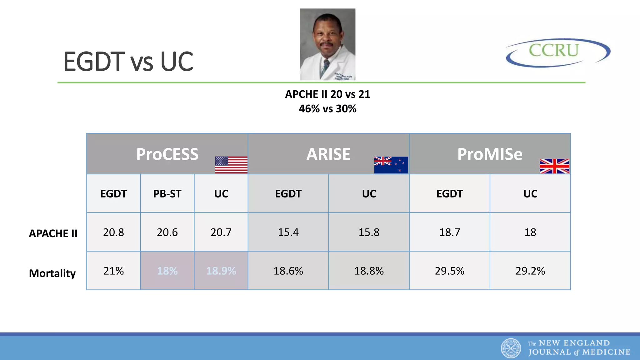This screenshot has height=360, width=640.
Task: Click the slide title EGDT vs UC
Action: click(128, 62)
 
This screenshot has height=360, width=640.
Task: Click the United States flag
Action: click(231, 165)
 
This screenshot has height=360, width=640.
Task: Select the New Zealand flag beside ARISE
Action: click(391, 165)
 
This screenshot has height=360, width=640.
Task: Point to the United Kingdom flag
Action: click(554, 166)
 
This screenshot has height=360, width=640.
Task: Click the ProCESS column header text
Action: click(167, 154)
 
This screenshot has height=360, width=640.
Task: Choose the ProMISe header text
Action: click(490, 154)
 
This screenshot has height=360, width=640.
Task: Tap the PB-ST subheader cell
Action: click(167, 194)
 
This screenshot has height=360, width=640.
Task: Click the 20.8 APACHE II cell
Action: click(113, 232)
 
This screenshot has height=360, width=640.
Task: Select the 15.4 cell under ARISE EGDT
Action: click(288, 232)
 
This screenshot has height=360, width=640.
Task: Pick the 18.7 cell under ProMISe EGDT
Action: click(449, 232)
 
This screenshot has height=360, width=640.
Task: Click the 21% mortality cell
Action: click(113, 271)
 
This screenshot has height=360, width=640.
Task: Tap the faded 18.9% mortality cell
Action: click(221, 271)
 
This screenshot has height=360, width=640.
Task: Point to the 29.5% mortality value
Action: click(449, 271)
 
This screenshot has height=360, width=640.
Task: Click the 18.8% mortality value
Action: click(369, 271)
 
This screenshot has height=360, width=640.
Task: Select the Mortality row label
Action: click(52, 273)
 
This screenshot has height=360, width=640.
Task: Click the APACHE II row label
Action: click(53, 233)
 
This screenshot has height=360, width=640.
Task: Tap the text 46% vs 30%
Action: click(327, 109)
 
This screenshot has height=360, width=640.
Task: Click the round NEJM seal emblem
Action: click(511, 348)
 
